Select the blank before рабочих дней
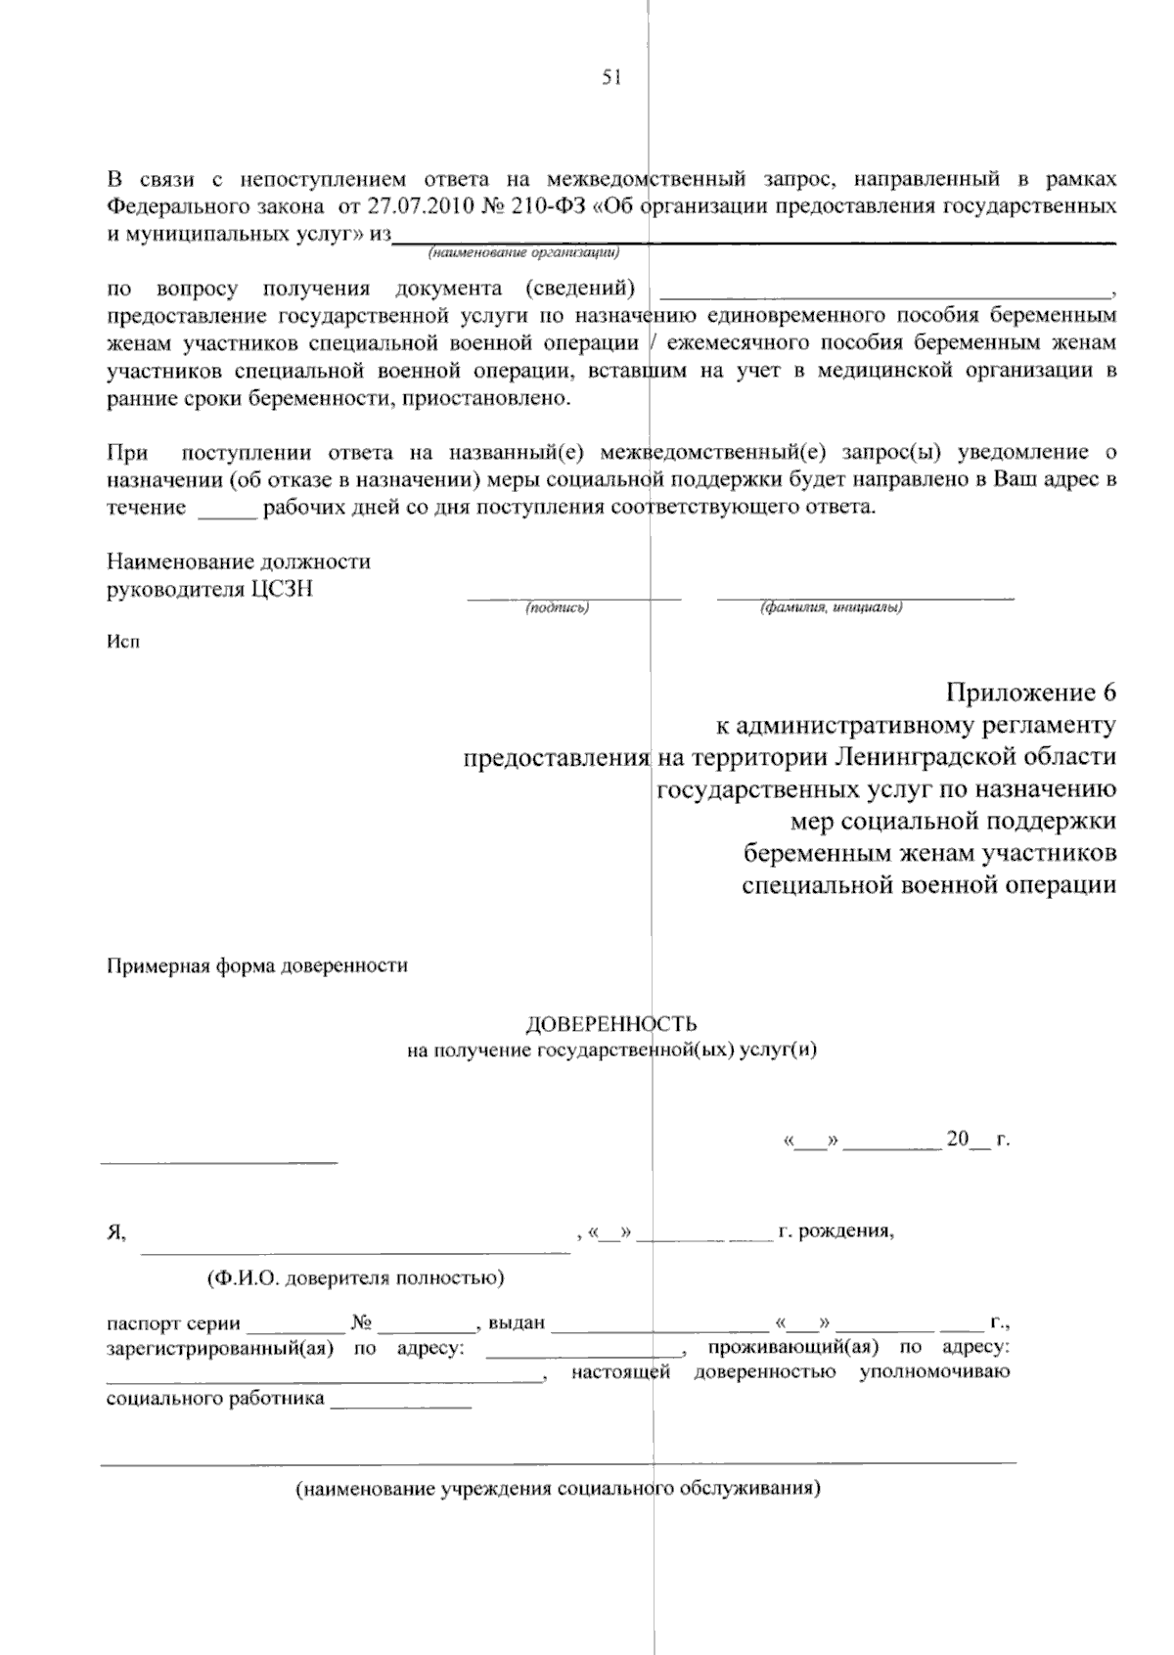pyautogui.click(x=227, y=509)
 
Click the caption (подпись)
pyautogui.click(x=557, y=608)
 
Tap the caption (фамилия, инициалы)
pyautogui.click(x=831, y=608)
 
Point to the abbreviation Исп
pyautogui.click(x=122, y=643)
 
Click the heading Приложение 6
pyautogui.click(x=1029, y=693)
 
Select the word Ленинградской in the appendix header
pyautogui.click(x=926, y=758)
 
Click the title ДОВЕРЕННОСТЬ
pyautogui.click(x=611, y=1024)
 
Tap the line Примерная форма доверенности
pyautogui.click(x=256, y=966)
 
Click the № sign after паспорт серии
pyautogui.click(x=361, y=1324)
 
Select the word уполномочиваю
pyautogui.click(x=934, y=1372)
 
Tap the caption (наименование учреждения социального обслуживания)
pyautogui.click(x=559, y=1490)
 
